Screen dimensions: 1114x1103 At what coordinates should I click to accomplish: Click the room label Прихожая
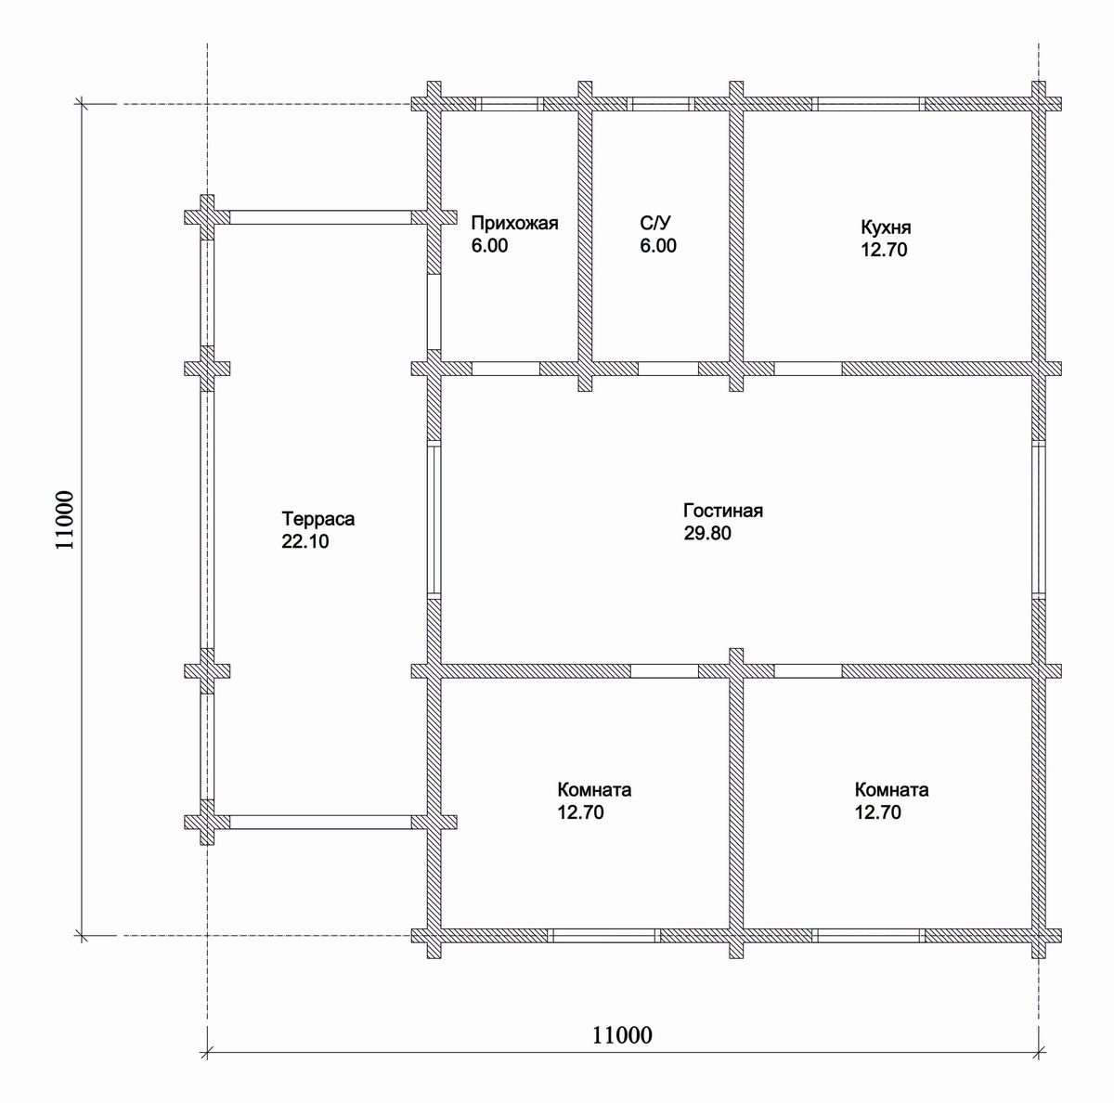pyautogui.click(x=514, y=223)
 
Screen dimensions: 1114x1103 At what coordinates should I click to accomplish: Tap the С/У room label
pyautogui.click(x=655, y=223)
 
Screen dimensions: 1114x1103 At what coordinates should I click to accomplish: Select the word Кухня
pyautogui.click(x=886, y=227)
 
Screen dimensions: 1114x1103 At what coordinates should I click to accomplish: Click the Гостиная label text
pyautogui.click(x=723, y=511)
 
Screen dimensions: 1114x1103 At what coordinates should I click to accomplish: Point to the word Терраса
pyautogui.click(x=318, y=519)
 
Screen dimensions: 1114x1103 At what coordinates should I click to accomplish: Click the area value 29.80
pyautogui.click(x=707, y=533)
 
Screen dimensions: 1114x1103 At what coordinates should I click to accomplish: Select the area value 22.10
pyautogui.click(x=304, y=541)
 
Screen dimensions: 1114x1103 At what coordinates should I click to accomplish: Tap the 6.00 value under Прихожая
pyautogui.click(x=489, y=245)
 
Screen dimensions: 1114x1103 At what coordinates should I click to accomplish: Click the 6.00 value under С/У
pyautogui.click(x=658, y=245)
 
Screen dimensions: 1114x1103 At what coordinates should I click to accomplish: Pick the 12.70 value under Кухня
pyautogui.click(x=884, y=250)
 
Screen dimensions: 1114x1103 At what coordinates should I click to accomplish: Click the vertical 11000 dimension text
pyautogui.click(x=65, y=519)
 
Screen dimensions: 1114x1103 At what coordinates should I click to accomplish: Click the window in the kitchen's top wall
pyautogui.click(x=869, y=104)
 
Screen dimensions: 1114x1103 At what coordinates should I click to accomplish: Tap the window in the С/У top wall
pyautogui.click(x=660, y=104)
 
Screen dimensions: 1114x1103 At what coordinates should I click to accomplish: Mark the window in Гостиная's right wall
pyautogui.click(x=1039, y=519)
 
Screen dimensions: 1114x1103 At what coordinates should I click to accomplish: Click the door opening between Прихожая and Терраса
pyautogui.click(x=434, y=312)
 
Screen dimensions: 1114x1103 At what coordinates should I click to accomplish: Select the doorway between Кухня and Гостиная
pyautogui.click(x=808, y=369)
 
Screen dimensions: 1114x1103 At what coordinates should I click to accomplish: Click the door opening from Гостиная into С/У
pyautogui.click(x=668, y=369)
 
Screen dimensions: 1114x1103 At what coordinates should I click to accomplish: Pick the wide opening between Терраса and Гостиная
pyautogui.click(x=434, y=519)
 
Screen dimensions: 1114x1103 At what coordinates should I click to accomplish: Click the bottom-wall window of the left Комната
pyautogui.click(x=603, y=936)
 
